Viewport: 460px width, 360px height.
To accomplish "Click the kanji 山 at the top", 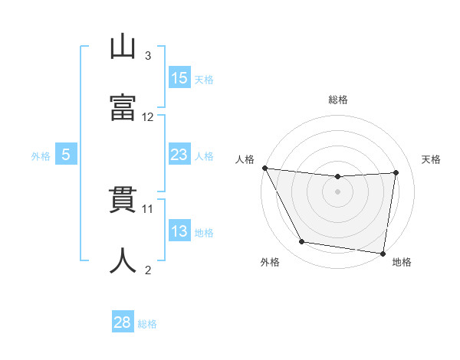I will point(123,48).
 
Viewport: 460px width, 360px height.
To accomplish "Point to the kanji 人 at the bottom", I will point(123,261).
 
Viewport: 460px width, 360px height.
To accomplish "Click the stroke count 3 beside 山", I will point(148,56).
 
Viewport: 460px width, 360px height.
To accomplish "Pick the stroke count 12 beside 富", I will point(148,117).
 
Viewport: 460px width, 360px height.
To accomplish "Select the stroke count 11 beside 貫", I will point(148,208).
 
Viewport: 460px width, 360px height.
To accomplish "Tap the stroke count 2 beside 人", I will point(148,270).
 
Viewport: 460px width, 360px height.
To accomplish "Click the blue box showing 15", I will point(179,78).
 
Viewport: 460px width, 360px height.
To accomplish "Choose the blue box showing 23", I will point(179,155).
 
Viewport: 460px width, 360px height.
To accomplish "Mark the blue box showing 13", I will point(179,231).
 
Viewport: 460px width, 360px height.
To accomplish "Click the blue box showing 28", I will point(123,322).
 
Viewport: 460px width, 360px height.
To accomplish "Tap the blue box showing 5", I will point(66,155).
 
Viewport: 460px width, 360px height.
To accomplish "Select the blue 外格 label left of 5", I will point(41,155).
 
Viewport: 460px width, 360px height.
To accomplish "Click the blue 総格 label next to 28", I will point(147,324).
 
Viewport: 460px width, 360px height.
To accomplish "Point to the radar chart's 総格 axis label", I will point(337,100).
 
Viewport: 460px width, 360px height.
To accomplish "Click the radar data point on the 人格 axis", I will point(264,168).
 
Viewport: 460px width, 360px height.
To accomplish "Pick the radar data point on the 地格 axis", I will point(383,253).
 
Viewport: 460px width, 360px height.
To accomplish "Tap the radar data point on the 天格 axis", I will point(396,172).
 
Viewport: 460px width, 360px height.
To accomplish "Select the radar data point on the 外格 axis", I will point(302,242).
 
